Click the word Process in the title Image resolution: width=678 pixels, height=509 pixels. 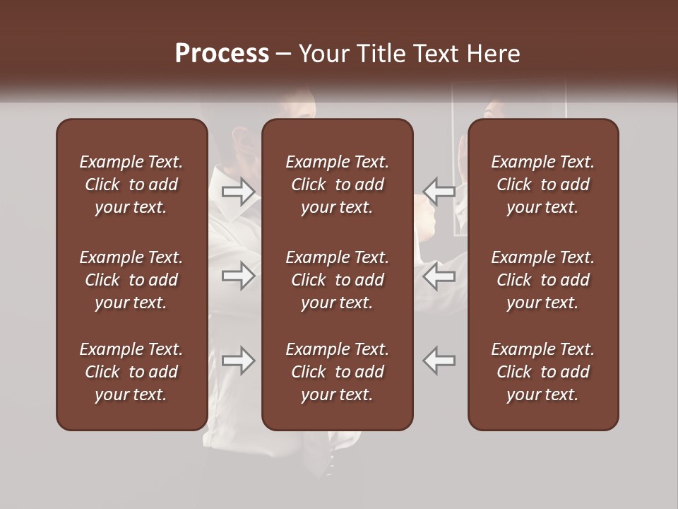click(x=222, y=54)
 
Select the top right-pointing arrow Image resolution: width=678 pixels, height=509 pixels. click(x=238, y=191)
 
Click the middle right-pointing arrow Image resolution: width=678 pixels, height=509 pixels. click(x=238, y=276)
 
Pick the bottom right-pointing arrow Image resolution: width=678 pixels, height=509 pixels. click(x=238, y=361)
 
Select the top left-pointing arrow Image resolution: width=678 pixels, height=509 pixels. click(x=439, y=191)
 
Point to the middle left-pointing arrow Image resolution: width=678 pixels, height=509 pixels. click(x=439, y=276)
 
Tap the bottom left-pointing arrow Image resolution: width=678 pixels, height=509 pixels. click(x=439, y=361)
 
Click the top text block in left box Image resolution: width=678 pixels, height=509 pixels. click(x=131, y=185)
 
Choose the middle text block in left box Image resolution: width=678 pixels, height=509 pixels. click(x=131, y=280)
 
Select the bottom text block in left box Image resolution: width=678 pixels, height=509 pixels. click(x=131, y=372)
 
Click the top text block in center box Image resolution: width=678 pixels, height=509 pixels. click(x=338, y=185)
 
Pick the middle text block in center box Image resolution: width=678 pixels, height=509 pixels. click(x=338, y=280)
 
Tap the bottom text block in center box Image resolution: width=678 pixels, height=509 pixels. click(x=338, y=372)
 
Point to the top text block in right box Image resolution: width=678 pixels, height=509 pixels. click(x=543, y=185)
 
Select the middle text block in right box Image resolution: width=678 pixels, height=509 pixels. click(x=543, y=280)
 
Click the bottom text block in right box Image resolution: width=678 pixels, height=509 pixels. click(x=543, y=372)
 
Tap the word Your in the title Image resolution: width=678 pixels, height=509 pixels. click(x=323, y=54)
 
